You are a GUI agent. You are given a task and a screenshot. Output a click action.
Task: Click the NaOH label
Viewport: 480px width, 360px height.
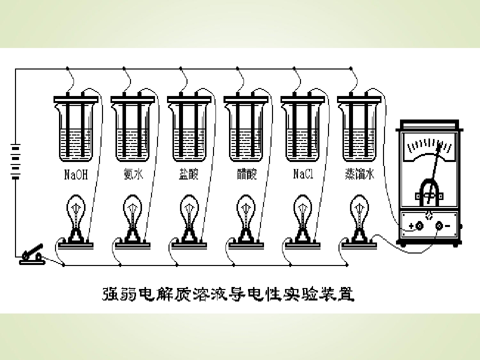click(76, 174)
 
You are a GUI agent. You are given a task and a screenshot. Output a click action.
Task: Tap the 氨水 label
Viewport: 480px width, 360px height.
click(133, 174)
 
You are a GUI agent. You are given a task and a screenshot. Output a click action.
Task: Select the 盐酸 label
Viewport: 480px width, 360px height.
click(189, 174)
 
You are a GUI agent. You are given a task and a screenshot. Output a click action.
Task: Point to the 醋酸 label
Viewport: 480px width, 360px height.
click(246, 174)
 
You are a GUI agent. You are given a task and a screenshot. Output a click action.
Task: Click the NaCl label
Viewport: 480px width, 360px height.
click(303, 174)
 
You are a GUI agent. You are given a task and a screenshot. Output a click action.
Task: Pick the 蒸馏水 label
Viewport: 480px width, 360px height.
click(359, 174)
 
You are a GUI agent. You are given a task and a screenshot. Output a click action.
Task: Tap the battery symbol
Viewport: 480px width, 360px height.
click(15, 161)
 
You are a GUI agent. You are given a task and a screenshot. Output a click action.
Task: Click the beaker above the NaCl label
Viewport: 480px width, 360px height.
click(302, 128)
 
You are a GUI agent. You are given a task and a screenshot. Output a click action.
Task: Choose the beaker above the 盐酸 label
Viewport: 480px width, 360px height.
click(189, 128)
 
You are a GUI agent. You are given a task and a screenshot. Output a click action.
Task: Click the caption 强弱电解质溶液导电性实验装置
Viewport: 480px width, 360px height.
click(228, 294)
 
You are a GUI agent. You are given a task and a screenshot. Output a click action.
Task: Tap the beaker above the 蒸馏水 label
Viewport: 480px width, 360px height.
click(359, 128)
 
